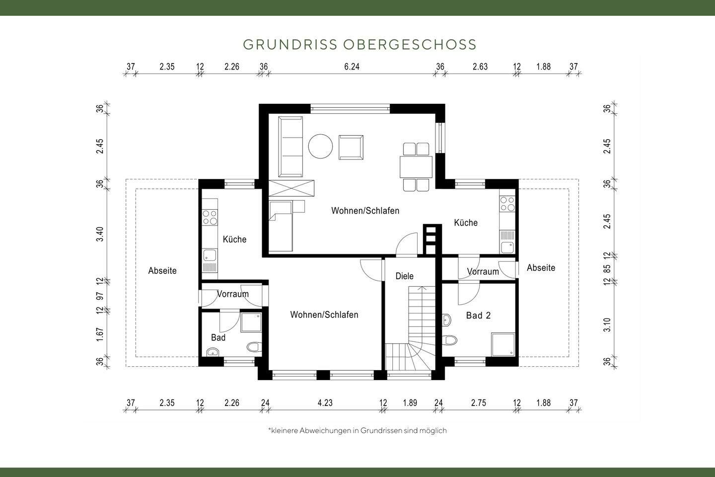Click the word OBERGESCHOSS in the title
(x=410, y=45)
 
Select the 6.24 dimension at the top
(x=352, y=67)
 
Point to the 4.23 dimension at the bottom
(x=325, y=403)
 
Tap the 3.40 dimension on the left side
(x=100, y=234)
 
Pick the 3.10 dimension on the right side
(x=607, y=324)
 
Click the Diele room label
(x=404, y=276)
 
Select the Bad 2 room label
(x=478, y=316)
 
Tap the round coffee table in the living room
(x=321, y=147)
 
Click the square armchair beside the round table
(x=351, y=147)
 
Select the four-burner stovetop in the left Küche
(x=210, y=217)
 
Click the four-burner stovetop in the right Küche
(x=507, y=203)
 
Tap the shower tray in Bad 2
(x=503, y=344)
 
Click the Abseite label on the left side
(x=162, y=271)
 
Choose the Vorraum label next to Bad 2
(x=483, y=272)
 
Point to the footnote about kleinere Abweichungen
(x=357, y=431)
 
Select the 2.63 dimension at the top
(x=480, y=67)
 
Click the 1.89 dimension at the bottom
(x=410, y=403)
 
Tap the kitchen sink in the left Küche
(x=210, y=256)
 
